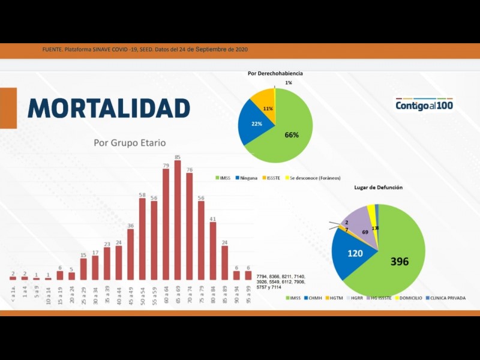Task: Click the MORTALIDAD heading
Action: pos(109,108)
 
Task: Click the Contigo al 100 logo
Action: pos(424,105)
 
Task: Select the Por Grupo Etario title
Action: pos(130,143)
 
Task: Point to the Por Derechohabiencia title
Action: pos(275,73)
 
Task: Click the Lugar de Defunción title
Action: pos(377,188)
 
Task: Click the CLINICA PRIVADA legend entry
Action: pos(447,298)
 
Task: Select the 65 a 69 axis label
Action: pos(178,294)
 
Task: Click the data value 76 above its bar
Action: pos(190,170)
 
